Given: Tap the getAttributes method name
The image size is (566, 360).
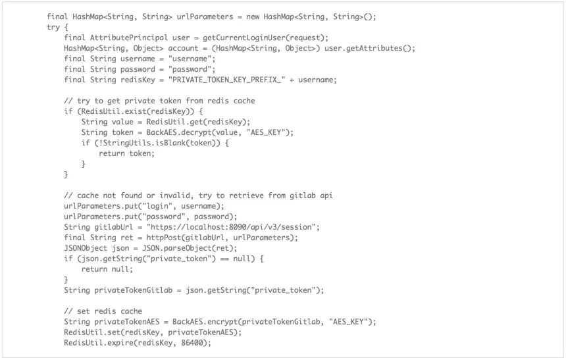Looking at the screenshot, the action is point(375,48).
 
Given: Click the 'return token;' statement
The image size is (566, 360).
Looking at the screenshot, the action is point(126,153).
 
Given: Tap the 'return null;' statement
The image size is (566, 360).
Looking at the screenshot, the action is point(107,269).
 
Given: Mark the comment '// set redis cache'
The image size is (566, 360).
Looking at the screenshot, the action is point(103,311).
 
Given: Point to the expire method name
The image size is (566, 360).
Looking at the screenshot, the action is point(120,342).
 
